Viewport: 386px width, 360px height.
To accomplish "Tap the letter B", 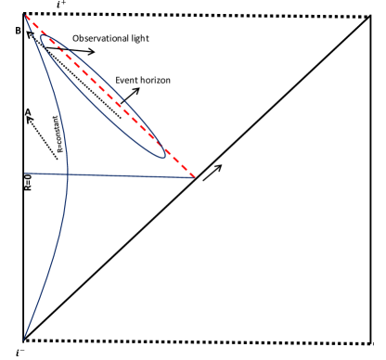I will coord(18,31).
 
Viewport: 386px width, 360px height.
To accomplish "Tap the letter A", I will coord(29,112).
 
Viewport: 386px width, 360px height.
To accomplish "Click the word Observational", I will coord(99,39).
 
